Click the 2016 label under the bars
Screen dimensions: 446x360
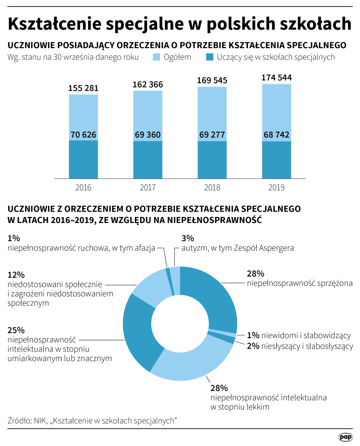(x=83, y=188)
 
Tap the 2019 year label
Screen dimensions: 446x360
(x=277, y=188)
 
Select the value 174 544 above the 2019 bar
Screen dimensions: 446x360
(x=277, y=78)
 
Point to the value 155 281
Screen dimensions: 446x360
(x=83, y=88)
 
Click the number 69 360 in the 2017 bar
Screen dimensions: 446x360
(x=148, y=135)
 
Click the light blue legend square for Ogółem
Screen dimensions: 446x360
(x=156, y=57)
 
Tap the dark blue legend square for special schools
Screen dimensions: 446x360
(x=210, y=57)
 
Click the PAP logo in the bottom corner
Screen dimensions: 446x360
(x=345, y=437)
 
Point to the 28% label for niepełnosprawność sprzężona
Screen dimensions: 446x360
(x=255, y=274)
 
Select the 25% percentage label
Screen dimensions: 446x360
(x=16, y=330)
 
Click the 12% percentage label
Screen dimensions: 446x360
(x=16, y=275)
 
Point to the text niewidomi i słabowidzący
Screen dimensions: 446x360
(x=306, y=335)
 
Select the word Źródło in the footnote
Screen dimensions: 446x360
(x=19, y=421)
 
